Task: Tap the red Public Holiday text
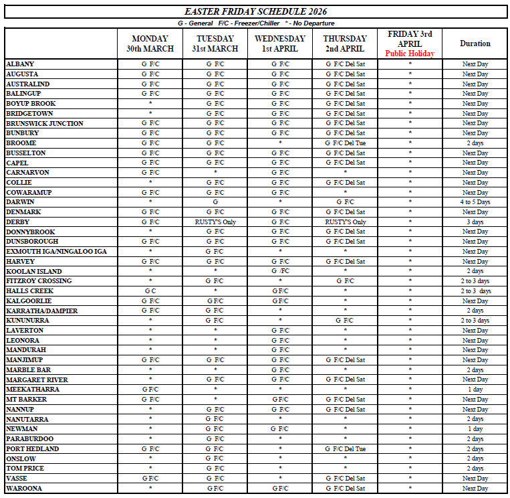click(x=410, y=54)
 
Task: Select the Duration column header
click(x=475, y=44)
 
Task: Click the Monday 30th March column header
click(x=150, y=44)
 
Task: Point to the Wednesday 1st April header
click(x=279, y=44)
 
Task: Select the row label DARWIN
click(x=19, y=202)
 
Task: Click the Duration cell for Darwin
click(x=475, y=202)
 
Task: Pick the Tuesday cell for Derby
click(x=215, y=222)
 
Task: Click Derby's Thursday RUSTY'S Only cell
click(x=345, y=222)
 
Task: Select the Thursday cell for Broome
click(x=345, y=143)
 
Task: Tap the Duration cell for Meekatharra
click(x=475, y=390)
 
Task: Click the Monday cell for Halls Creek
click(x=150, y=291)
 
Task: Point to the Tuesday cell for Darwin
click(x=215, y=202)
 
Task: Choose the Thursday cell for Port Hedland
click(x=345, y=448)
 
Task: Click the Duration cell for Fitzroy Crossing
click(x=475, y=281)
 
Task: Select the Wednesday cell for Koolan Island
click(x=279, y=271)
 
